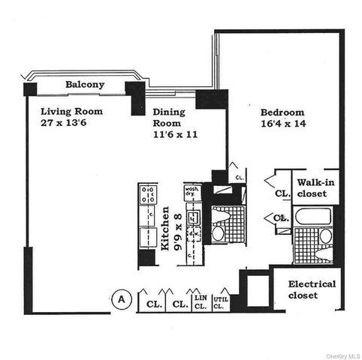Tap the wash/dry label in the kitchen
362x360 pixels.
point(191,192)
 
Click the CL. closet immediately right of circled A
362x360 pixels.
point(152,304)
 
